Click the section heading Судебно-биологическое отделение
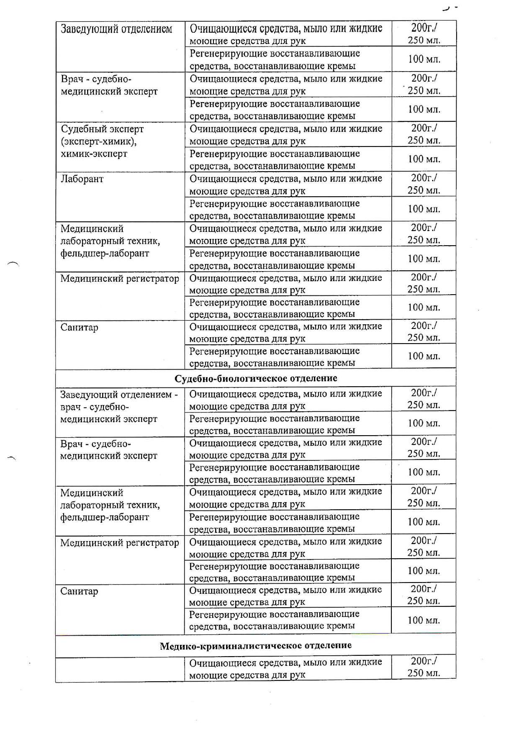point(256,378)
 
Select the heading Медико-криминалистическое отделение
point(256,645)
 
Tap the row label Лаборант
point(82,179)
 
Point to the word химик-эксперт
point(94,154)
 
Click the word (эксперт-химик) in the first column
point(99,141)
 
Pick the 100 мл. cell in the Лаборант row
point(424,209)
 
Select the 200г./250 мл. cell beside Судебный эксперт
point(424,134)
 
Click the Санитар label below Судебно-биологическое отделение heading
point(79,591)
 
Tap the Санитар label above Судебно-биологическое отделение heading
point(79,327)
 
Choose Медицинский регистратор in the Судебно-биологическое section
point(119,543)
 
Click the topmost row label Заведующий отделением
point(116,29)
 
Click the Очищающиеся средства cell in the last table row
point(285,668)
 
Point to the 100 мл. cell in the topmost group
point(424,59)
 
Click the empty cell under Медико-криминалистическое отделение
point(120,668)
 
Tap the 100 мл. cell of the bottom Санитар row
point(424,620)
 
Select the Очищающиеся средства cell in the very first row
point(286,34)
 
